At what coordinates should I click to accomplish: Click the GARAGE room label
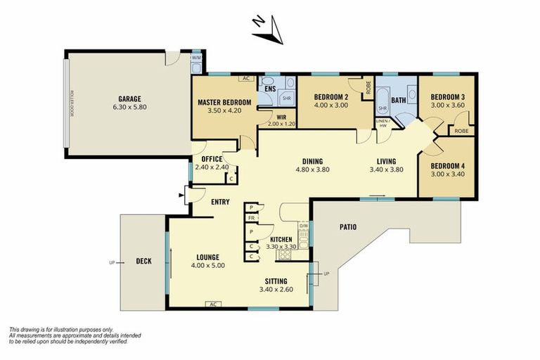(x=129, y=99)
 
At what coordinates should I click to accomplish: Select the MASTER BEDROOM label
(x=224, y=101)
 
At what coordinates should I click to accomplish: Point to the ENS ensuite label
(x=269, y=89)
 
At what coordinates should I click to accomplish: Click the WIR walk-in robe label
(x=281, y=117)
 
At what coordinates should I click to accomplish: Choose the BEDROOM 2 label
(x=331, y=97)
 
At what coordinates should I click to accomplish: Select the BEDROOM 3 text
(x=447, y=97)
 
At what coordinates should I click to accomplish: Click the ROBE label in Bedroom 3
(x=462, y=131)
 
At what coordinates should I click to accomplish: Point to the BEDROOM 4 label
(x=447, y=166)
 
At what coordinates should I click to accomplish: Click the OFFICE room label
(x=212, y=159)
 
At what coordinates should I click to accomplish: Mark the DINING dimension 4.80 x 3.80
(x=312, y=169)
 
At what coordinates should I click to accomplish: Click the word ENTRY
(x=220, y=202)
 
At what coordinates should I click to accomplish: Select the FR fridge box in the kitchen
(x=251, y=219)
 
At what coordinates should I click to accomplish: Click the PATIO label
(x=347, y=227)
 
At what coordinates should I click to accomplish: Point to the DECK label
(x=144, y=262)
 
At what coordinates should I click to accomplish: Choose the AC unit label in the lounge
(x=212, y=304)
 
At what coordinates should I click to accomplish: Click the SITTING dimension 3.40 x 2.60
(x=276, y=289)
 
